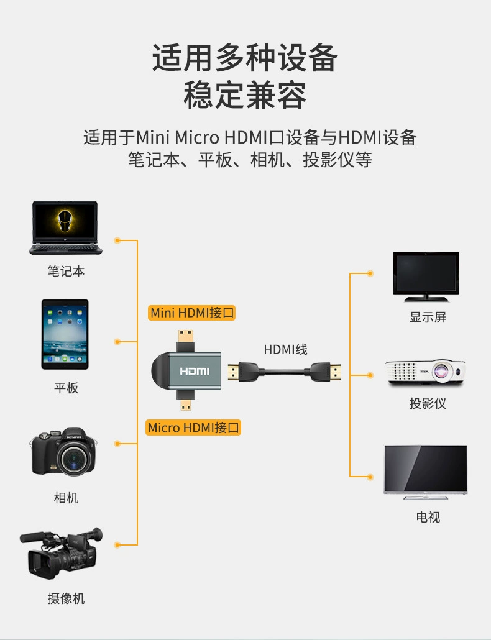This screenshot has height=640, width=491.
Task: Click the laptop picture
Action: (65, 227)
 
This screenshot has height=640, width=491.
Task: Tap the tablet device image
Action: (65, 334)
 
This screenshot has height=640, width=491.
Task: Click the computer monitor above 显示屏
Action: (426, 277)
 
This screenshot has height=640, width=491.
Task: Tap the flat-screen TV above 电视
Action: (426, 471)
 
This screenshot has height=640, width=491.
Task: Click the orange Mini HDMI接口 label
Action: (193, 313)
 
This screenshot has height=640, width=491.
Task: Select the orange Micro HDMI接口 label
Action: (194, 427)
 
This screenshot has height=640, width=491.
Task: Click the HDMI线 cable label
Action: (286, 349)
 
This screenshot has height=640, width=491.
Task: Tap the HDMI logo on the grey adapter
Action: (195, 372)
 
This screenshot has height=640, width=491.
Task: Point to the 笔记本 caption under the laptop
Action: (66, 271)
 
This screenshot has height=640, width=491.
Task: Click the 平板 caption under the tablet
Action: (66, 388)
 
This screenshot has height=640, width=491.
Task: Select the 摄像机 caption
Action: (66, 598)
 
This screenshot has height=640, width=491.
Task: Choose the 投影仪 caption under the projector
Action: (428, 403)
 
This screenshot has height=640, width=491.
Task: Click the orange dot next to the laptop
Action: (117, 240)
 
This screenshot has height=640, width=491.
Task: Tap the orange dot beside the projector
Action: (370, 375)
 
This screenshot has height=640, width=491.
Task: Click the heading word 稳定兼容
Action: (245, 96)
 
